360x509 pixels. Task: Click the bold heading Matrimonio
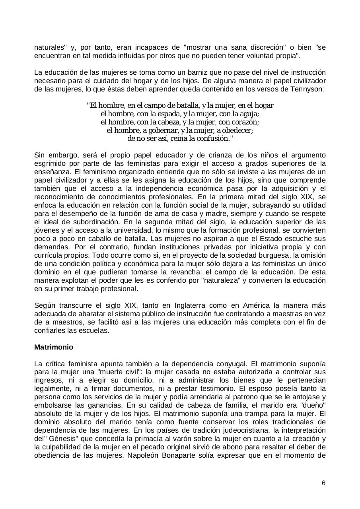pos(54,347)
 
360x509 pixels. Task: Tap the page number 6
pos(323,483)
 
